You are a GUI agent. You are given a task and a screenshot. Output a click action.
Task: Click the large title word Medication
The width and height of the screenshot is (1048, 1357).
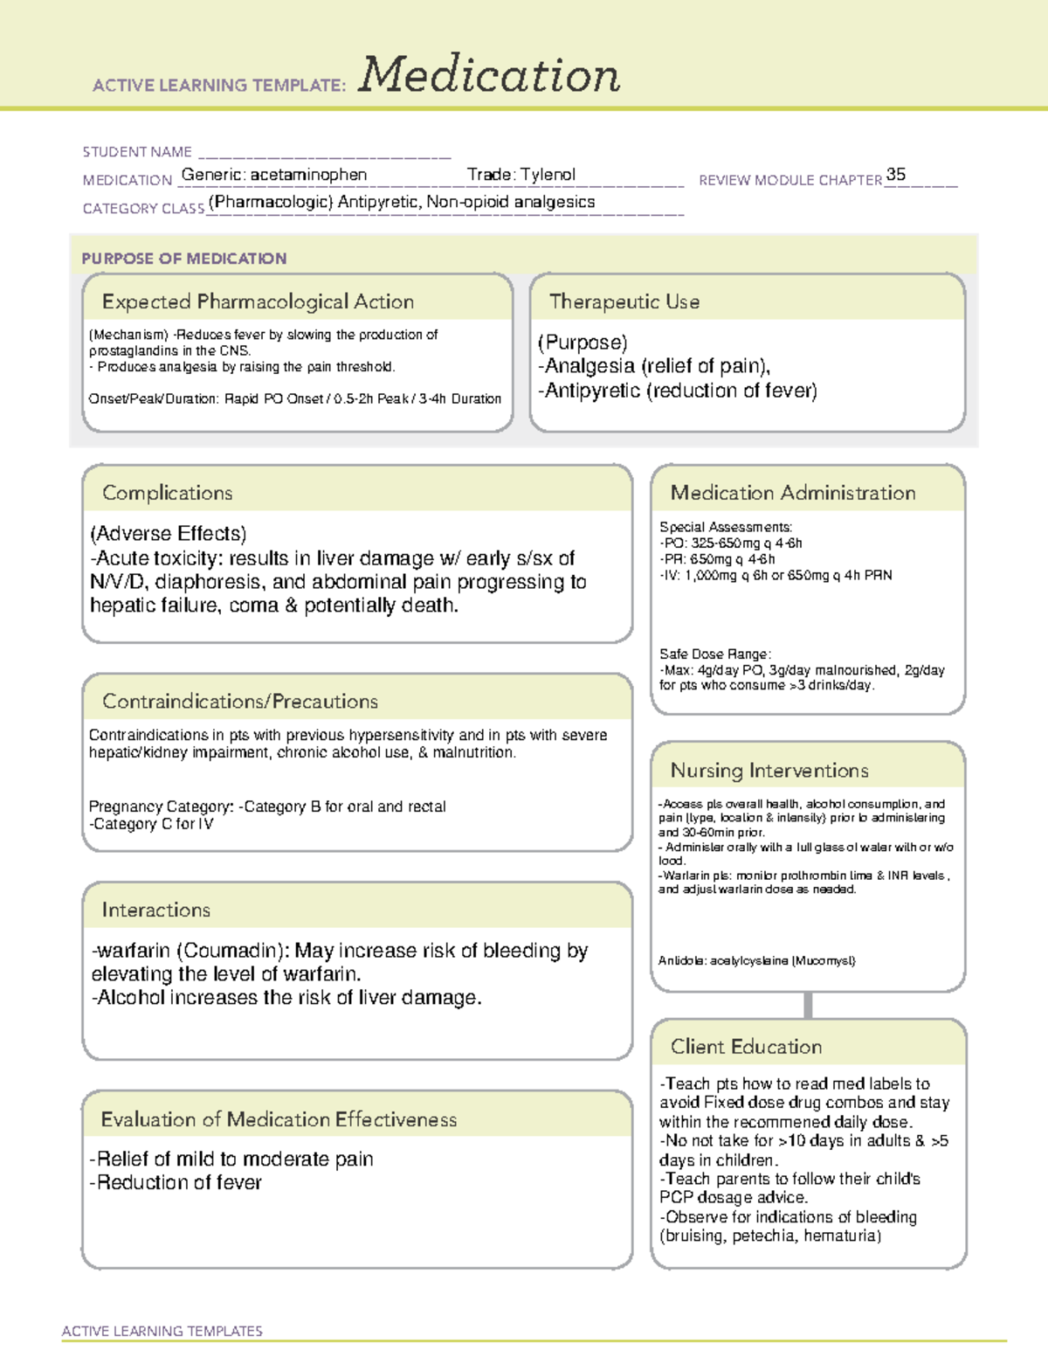pyautogui.click(x=489, y=75)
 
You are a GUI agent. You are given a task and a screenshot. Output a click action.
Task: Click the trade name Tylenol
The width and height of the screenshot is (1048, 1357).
pyautogui.click(x=548, y=175)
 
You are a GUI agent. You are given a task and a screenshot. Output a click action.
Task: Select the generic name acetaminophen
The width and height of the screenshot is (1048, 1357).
pyautogui.click(x=308, y=175)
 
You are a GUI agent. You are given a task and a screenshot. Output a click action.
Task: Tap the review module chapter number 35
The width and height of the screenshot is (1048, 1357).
pyautogui.click(x=895, y=175)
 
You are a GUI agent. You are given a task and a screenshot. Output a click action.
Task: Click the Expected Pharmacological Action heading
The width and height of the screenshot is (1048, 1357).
pyautogui.click(x=258, y=301)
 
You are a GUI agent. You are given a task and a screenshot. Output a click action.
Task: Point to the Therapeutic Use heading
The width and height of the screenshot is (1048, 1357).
pyautogui.click(x=624, y=301)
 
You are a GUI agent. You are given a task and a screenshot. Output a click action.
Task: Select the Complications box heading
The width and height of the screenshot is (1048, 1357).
pyautogui.click(x=167, y=493)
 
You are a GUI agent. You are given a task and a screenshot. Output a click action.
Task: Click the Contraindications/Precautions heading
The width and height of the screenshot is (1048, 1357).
pyautogui.click(x=240, y=702)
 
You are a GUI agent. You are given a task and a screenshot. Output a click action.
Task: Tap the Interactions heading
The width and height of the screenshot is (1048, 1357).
pyautogui.click(x=155, y=910)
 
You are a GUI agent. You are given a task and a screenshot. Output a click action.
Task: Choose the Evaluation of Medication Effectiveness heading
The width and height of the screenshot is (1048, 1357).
pyautogui.click(x=279, y=1119)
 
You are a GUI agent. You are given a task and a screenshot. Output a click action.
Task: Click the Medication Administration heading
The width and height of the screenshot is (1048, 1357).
pyautogui.click(x=792, y=493)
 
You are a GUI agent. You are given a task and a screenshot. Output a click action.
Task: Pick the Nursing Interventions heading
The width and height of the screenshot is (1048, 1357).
pyautogui.click(x=769, y=771)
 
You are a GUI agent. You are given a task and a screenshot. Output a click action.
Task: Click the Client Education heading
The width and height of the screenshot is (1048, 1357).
pyautogui.click(x=746, y=1047)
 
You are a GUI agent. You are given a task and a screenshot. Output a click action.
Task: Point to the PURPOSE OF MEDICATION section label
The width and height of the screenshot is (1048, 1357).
pyautogui.click(x=183, y=259)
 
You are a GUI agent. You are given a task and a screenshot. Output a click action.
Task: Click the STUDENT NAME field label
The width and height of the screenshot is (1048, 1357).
pyautogui.click(x=137, y=152)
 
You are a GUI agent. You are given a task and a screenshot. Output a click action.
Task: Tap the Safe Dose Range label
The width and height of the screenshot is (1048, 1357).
pyautogui.click(x=715, y=654)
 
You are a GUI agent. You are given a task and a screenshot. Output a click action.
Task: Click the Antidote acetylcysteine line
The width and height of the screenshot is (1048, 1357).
pyautogui.click(x=756, y=961)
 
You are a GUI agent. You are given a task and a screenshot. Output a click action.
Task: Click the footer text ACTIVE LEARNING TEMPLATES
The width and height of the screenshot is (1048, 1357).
pyautogui.click(x=162, y=1331)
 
